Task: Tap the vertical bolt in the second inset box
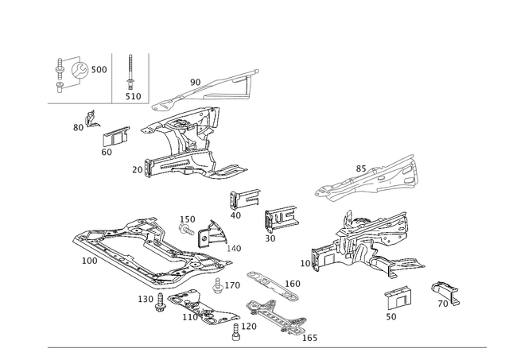(x=129, y=75)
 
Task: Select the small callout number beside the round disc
(x=101, y=71)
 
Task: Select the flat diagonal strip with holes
(x=270, y=285)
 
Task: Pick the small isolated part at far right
(x=446, y=292)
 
